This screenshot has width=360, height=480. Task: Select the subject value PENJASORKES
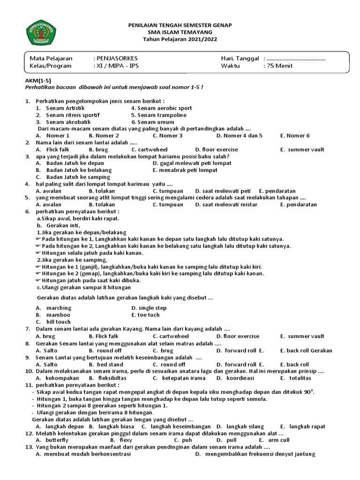[x=118, y=58]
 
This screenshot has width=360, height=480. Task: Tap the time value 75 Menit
[x=280, y=66]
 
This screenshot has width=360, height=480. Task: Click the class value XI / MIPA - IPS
[x=118, y=66]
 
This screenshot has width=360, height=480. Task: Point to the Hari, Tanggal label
[x=240, y=58]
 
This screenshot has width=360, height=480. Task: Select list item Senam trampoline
[x=158, y=115]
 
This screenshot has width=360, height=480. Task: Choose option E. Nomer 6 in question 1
[x=295, y=135]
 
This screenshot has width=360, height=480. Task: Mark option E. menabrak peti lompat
[x=185, y=170]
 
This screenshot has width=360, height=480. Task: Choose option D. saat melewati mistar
[x=226, y=204]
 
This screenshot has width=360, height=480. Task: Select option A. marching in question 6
[x=54, y=308]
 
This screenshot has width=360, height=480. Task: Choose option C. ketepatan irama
[x=177, y=378]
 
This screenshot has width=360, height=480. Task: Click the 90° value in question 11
[x=307, y=391]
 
